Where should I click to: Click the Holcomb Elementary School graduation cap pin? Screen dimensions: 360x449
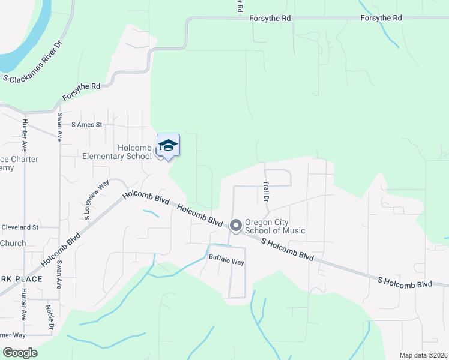pyautogui.click(x=168, y=146)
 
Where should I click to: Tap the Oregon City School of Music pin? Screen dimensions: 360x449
pyautogui.click(x=235, y=226)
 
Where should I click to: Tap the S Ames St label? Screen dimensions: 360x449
pyautogui.click(x=87, y=125)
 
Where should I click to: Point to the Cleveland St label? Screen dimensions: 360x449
pyautogui.click(x=20, y=227)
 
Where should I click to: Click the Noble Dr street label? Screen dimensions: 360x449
pyautogui.click(x=50, y=316)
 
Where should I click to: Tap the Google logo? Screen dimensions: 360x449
pyautogui.click(x=20, y=353)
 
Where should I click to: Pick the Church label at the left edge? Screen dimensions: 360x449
pyautogui.click(x=13, y=243)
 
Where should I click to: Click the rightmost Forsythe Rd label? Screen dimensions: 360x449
pyautogui.click(x=381, y=19)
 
